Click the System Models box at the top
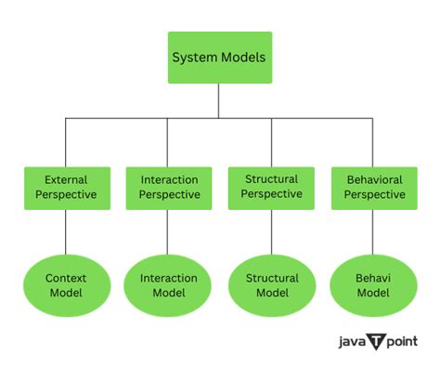click(219, 58)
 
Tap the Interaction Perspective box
click(169, 187)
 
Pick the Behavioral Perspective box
click(374, 187)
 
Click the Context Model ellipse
click(65, 285)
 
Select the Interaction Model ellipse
click(169, 285)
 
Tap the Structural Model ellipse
click(272, 285)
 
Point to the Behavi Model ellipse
click(374, 285)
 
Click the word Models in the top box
click(243, 58)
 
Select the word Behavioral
click(374, 178)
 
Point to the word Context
click(65, 278)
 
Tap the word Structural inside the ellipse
click(272, 278)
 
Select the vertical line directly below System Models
click(219, 100)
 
